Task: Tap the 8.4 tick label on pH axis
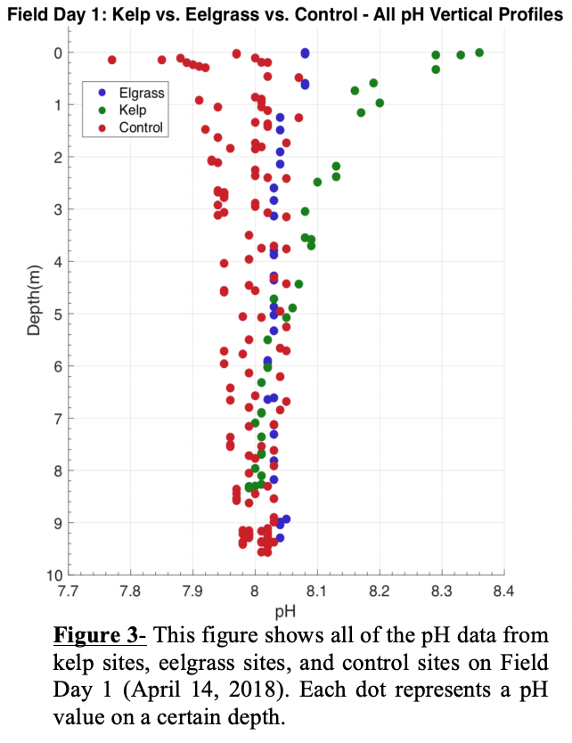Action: (x=504, y=590)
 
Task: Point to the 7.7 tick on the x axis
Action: (x=68, y=590)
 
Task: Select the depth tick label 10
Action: (x=54, y=575)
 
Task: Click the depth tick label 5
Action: (x=58, y=314)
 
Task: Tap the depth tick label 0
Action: (x=58, y=53)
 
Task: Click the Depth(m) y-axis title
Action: (x=34, y=299)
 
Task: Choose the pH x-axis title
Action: (x=286, y=610)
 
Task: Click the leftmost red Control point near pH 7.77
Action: (x=112, y=60)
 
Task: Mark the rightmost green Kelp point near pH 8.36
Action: (x=479, y=52)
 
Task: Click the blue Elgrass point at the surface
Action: (x=305, y=53)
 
